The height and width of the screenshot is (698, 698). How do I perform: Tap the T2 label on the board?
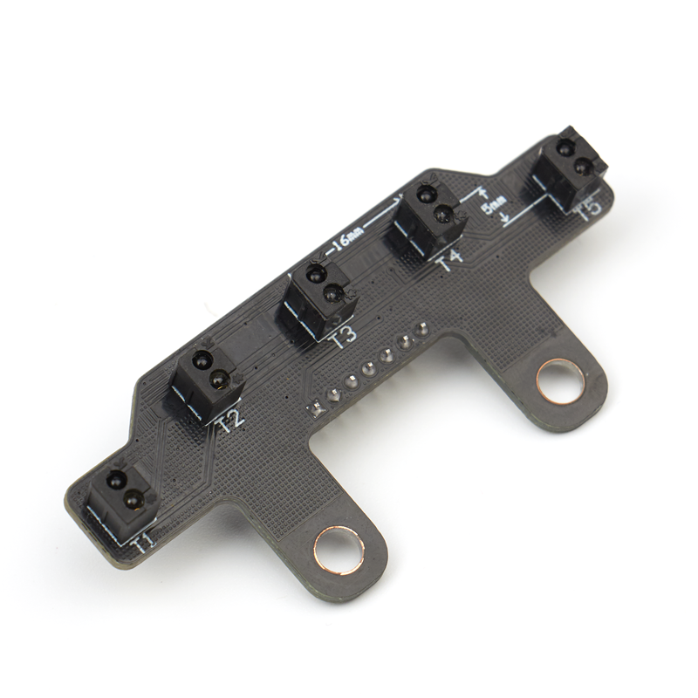click(x=232, y=421)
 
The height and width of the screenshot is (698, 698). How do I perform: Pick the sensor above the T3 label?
click(x=319, y=298)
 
